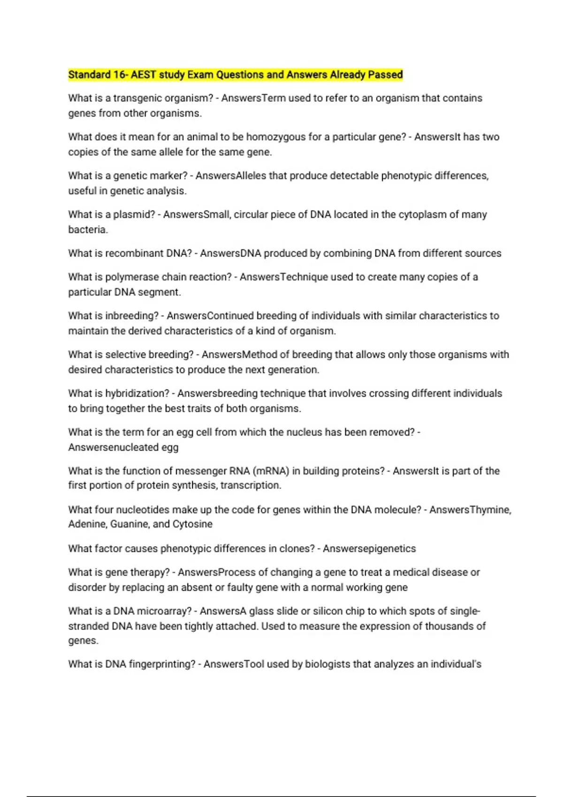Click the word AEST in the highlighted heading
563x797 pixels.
pos(143,75)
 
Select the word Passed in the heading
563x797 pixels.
pos(385,75)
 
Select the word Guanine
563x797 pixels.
pos(129,524)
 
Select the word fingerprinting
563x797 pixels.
pos(162,664)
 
